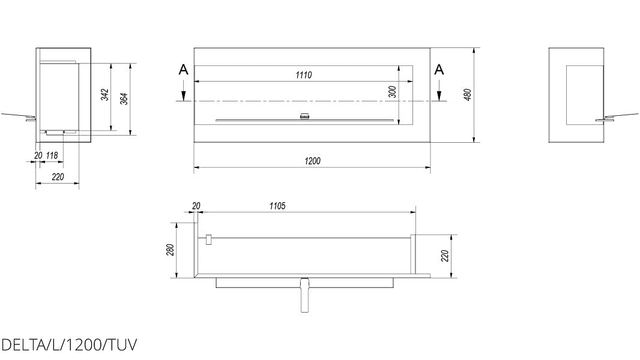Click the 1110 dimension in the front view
pos(304,75)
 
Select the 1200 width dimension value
pos(313,161)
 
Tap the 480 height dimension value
pos(468,95)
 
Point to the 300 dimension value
pos(392,92)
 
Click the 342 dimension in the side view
pos(105,95)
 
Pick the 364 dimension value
pos(124,99)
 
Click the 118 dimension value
pos(52,155)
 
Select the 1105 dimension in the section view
pos(277,206)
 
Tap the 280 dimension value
pos(171,250)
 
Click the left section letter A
pos(184,70)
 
